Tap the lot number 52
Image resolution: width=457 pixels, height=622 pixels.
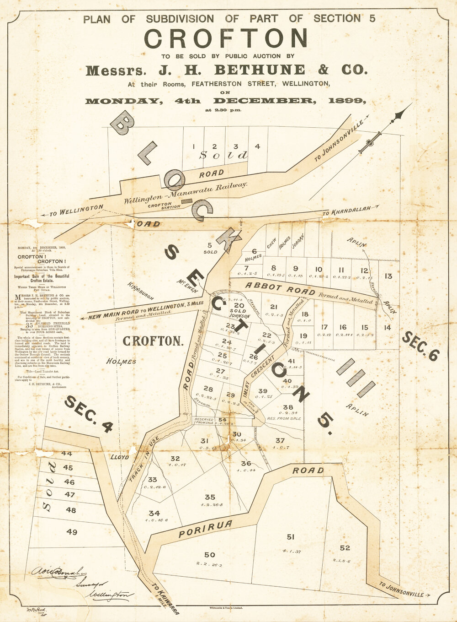click(345, 548)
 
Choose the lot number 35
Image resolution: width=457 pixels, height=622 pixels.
click(210, 497)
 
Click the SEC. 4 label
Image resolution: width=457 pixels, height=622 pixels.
click(89, 414)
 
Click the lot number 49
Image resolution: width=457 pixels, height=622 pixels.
click(72, 532)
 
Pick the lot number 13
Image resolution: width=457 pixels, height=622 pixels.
click(388, 276)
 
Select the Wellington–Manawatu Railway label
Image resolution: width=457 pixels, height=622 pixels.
click(185, 193)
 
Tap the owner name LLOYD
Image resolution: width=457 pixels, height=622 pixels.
click(120, 457)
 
